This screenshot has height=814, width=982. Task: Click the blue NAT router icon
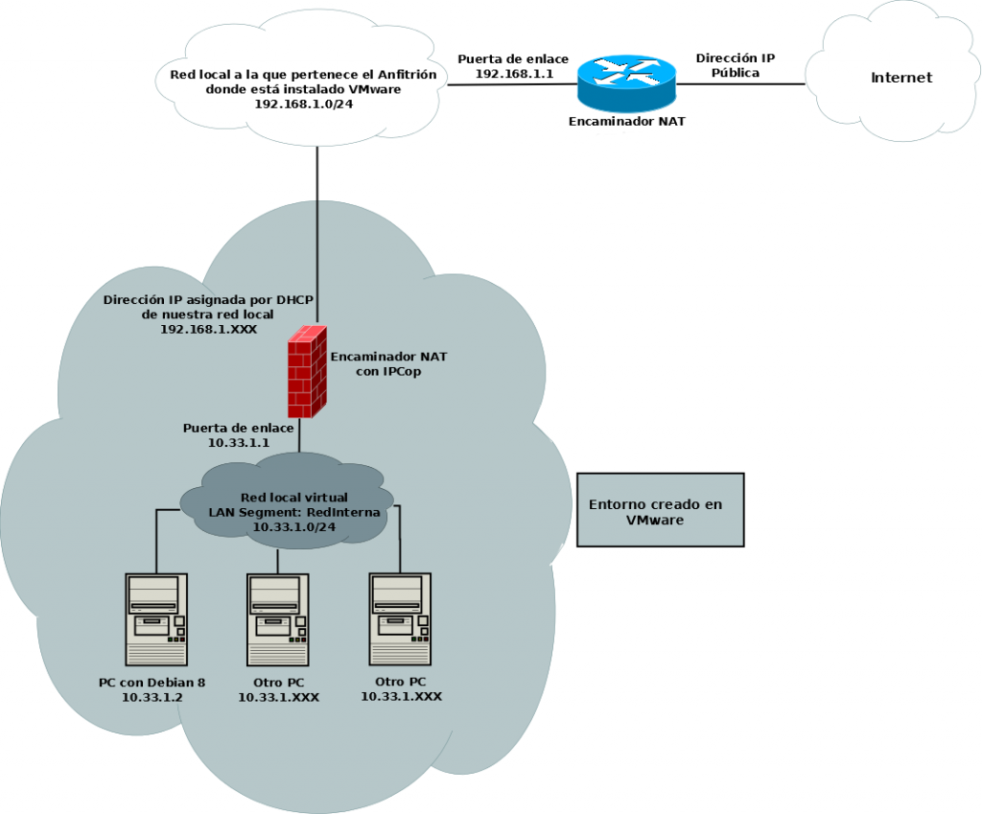tap(626, 82)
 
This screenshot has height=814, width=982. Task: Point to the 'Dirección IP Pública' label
tap(735, 65)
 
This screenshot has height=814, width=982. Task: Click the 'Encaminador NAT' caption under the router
tap(626, 122)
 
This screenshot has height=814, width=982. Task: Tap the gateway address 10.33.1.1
tap(239, 443)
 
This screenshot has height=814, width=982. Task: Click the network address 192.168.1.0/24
tap(303, 104)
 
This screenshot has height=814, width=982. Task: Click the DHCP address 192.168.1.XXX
tap(208, 329)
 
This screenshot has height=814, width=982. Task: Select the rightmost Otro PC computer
tap(400, 619)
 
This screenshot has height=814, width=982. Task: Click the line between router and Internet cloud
tap(739, 84)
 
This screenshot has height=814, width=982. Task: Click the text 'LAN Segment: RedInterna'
tap(294, 512)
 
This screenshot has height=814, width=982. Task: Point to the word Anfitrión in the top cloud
tap(406, 74)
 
